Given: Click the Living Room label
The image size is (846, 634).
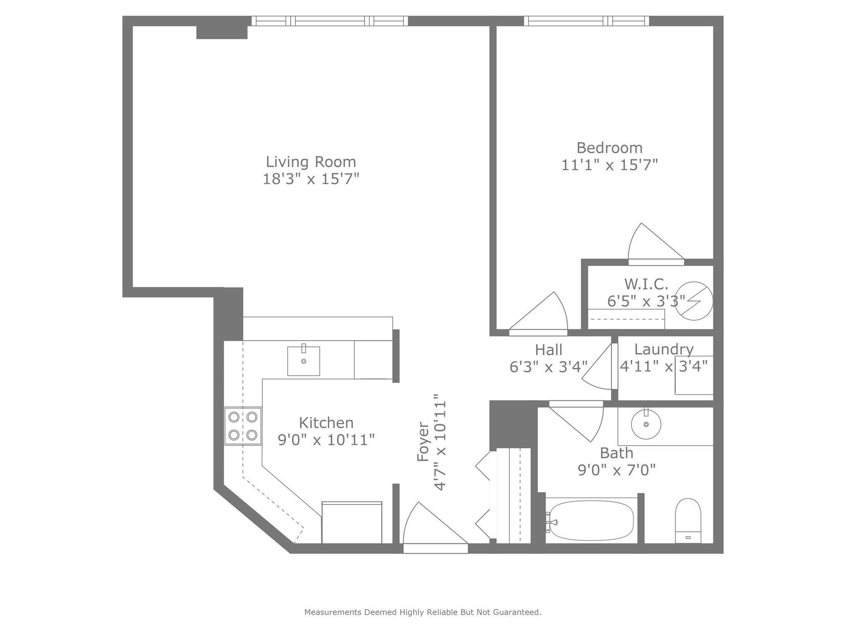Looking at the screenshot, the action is (x=311, y=161).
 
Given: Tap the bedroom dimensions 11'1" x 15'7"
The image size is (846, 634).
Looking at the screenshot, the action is (x=609, y=165).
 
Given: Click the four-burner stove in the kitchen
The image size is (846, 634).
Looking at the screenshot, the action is (x=243, y=426).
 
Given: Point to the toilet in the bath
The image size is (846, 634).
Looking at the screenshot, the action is (x=688, y=521).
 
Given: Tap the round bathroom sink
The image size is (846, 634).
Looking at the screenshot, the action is (x=646, y=424).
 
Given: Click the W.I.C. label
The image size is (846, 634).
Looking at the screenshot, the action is (x=646, y=284).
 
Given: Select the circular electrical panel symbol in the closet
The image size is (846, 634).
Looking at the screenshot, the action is (x=696, y=301).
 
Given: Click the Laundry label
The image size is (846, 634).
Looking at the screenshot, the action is (x=664, y=349).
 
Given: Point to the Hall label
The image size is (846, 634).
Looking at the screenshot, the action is (x=549, y=350).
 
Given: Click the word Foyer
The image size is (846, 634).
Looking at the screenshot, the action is (x=423, y=441).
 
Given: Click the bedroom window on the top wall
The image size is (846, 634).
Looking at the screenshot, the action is (x=587, y=21).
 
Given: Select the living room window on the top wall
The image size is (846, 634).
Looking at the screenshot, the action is (x=330, y=21).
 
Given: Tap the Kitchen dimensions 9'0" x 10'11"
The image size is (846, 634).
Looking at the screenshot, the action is (x=326, y=440).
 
